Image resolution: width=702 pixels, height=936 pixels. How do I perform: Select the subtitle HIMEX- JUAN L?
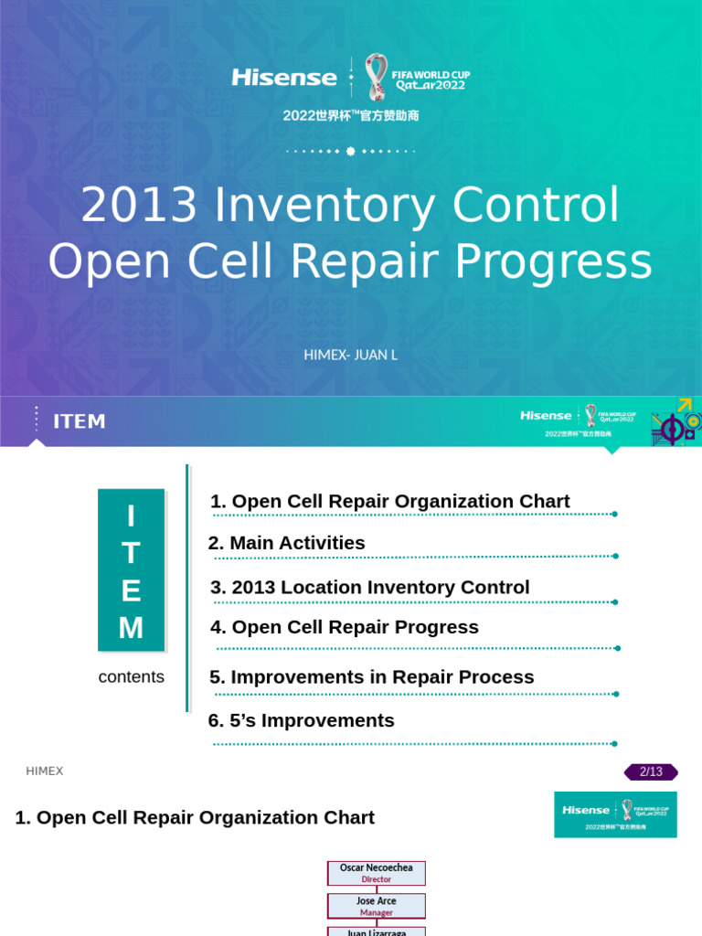(x=350, y=355)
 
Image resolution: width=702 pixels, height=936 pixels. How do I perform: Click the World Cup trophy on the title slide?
(x=376, y=77)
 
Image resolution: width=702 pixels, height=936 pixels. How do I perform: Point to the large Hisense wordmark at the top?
(x=284, y=78)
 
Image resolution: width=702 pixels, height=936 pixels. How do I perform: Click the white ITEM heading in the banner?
(x=80, y=421)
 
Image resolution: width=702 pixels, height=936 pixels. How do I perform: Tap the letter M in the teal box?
(x=131, y=628)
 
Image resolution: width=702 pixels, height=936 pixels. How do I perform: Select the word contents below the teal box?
(x=131, y=677)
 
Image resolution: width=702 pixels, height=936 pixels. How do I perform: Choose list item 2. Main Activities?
(x=287, y=543)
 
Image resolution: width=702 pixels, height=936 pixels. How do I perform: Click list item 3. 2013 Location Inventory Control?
(x=369, y=588)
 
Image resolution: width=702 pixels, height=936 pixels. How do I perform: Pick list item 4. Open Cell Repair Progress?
(x=344, y=627)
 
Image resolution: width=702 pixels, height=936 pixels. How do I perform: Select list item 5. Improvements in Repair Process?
(x=371, y=677)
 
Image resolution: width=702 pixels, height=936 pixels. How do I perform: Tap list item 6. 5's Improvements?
(x=302, y=720)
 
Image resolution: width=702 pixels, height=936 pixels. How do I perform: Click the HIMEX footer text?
(x=45, y=771)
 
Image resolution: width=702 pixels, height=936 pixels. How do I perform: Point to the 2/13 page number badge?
(x=651, y=771)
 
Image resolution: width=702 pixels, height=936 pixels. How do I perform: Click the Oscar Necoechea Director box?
(x=377, y=873)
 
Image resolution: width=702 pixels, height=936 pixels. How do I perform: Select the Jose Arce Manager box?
(x=377, y=906)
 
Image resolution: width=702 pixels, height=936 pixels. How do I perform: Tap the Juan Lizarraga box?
(x=377, y=931)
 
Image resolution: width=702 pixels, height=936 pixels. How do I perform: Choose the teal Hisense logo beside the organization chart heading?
(x=615, y=814)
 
